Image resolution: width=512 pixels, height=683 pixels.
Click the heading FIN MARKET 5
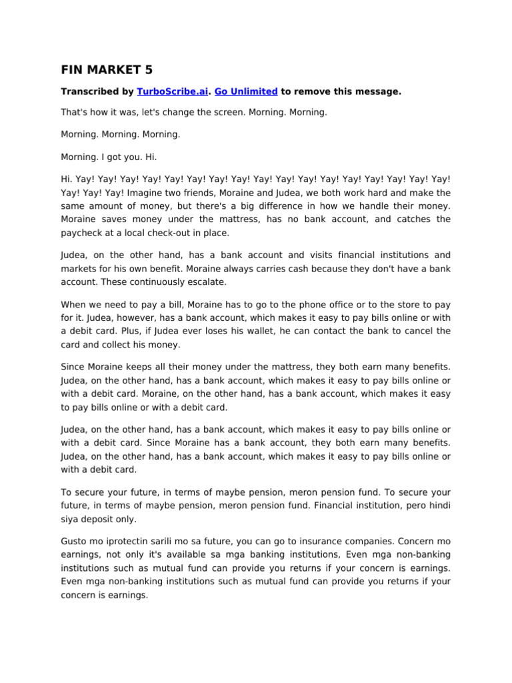[107, 69]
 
